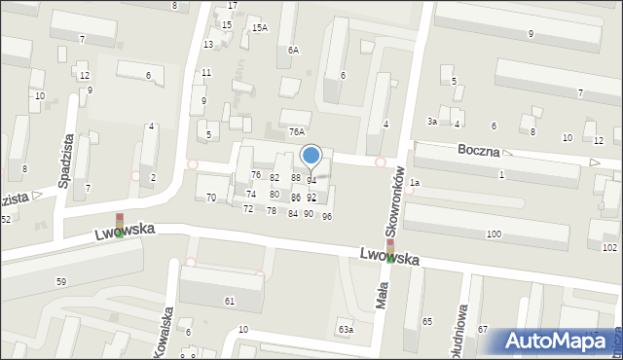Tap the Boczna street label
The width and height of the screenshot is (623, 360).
pyautogui.click(x=480, y=152)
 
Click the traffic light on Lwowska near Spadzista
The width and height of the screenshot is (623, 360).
pyautogui.click(x=120, y=226)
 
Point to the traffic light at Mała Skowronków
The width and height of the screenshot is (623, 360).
pyautogui.click(x=389, y=251)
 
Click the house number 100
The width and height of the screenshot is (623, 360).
pyautogui.click(x=494, y=234)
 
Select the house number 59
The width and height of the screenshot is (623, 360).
pyautogui.click(x=61, y=281)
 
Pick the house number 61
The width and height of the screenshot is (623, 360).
pyautogui.click(x=230, y=302)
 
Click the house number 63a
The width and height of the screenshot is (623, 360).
pyautogui.click(x=346, y=330)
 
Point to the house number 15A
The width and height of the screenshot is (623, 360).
pyautogui.click(x=259, y=28)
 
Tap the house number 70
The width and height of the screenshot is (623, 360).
pyautogui.click(x=211, y=198)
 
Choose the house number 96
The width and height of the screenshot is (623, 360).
pyautogui.click(x=327, y=216)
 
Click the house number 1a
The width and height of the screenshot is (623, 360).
pyautogui.click(x=414, y=183)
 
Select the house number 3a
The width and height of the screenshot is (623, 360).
pyautogui.click(x=431, y=121)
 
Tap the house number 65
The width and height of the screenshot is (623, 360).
pyautogui.click(x=426, y=320)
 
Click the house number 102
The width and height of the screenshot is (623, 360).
pyautogui.click(x=609, y=248)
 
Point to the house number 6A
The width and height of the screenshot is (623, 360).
pyautogui.click(x=292, y=49)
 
